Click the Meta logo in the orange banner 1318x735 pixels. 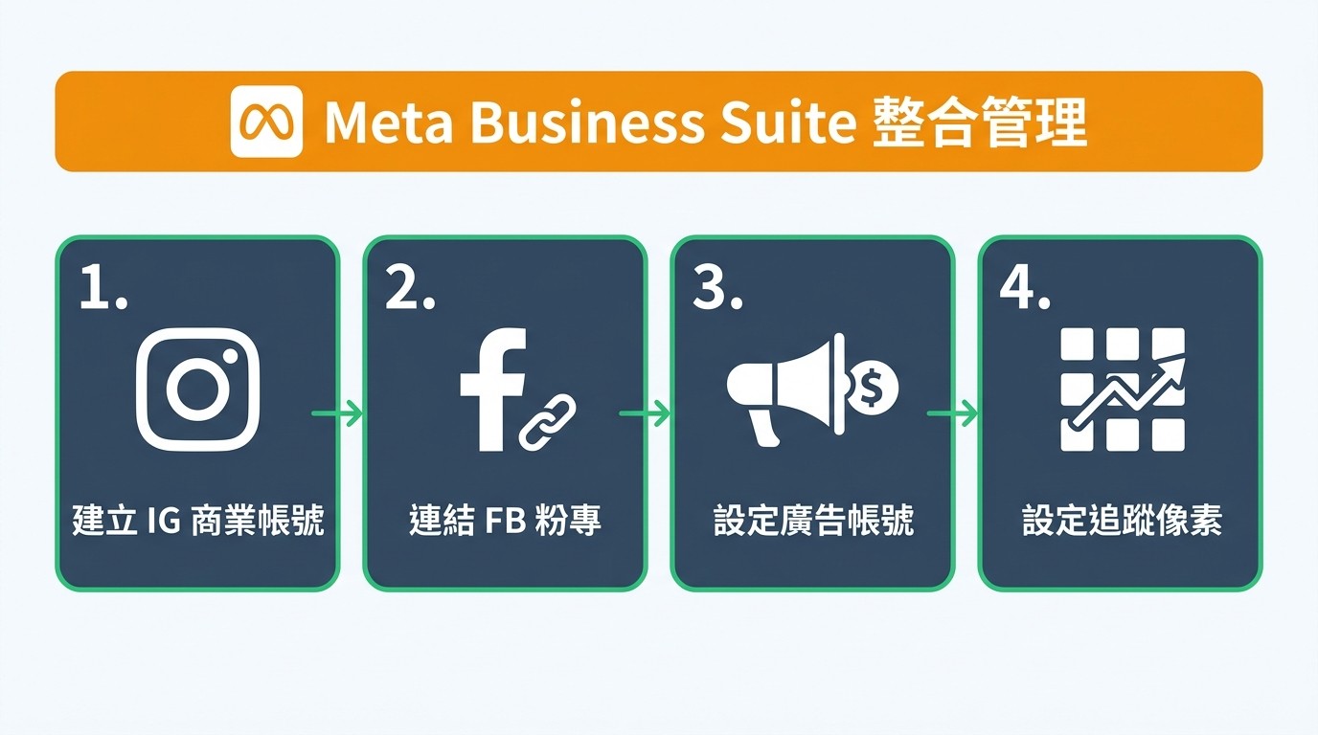point(266,122)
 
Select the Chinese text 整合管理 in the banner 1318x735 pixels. point(980,122)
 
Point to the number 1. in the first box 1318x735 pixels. point(102,288)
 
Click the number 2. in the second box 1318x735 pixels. point(410,288)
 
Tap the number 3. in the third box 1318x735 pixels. point(717,288)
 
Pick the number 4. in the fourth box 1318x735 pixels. point(1025,288)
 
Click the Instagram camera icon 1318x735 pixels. point(197,390)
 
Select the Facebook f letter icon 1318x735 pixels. point(491,388)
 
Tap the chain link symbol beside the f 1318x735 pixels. point(547,421)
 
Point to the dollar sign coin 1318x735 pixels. point(873,386)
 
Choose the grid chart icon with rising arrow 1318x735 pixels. point(1123,390)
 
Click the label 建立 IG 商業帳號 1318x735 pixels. point(197,522)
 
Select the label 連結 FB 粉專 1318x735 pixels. point(505,522)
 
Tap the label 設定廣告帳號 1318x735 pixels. point(813,522)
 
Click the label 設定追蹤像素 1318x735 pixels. point(1122,522)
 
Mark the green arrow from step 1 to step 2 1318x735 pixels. point(337,413)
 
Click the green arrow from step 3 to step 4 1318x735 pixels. point(952,413)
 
